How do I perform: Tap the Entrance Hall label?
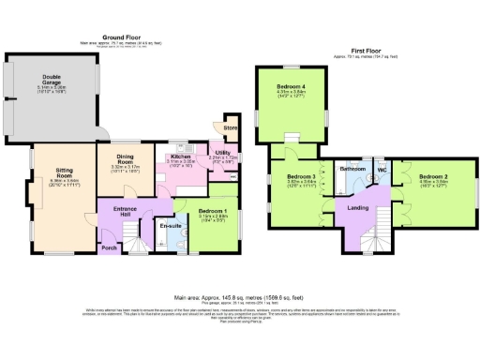click(x=126, y=208)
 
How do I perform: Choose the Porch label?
click(x=110, y=247)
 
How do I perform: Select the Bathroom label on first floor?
click(x=352, y=169)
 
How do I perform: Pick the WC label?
click(x=382, y=170)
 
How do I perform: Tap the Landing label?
click(x=357, y=207)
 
